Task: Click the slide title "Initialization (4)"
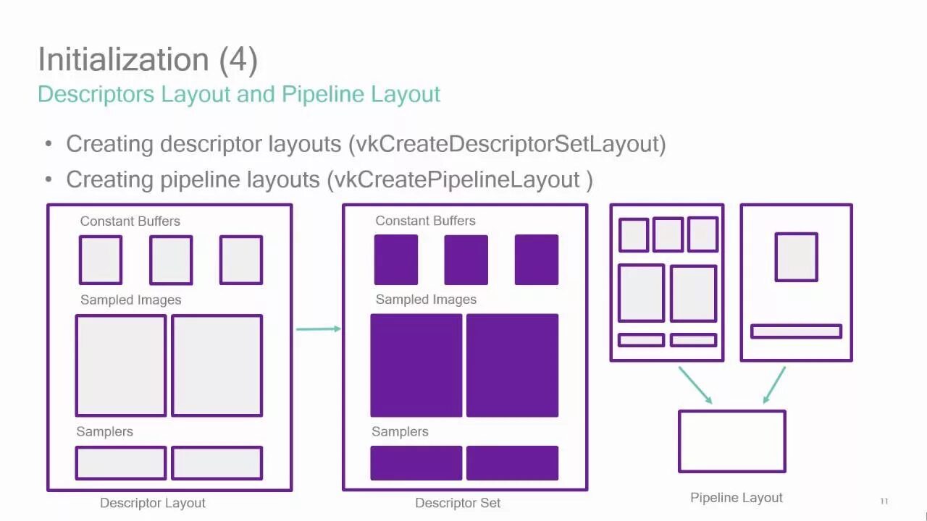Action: tap(148, 59)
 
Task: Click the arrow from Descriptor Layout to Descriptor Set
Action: tap(318, 329)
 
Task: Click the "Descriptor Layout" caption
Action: tap(153, 503)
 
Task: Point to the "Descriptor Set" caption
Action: tap(458, 503)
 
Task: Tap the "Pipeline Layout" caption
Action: tap(737, 498)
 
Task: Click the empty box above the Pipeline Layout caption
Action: tap(731, 441)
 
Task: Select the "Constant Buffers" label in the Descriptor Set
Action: tap(425, 221)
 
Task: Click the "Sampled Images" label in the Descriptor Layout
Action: tap(130, 300)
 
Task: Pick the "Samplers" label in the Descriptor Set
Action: tap(400, 431)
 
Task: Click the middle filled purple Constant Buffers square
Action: tap(466, 260)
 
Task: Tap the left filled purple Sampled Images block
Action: tap(416, 365)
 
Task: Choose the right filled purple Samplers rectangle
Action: tap(512, 463)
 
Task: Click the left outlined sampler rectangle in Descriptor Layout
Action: tap(121, 463)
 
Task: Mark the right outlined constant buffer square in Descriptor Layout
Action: tap(241, 260)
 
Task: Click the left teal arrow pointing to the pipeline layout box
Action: tap(695, 385)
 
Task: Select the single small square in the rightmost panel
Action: tap(796, 257)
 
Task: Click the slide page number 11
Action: tap(884, 501)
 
